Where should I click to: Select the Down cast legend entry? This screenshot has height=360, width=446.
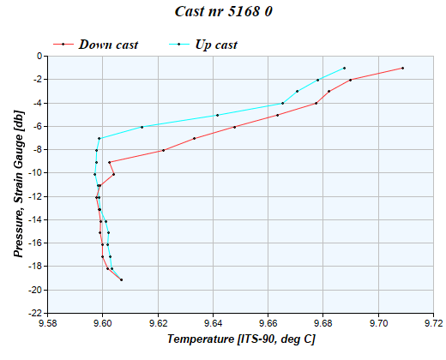108,44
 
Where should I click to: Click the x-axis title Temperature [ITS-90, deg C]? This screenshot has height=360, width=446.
241,340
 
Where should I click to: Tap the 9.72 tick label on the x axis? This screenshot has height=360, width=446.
434,324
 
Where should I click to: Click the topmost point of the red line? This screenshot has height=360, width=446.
402,68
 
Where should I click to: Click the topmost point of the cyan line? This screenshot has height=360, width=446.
344,68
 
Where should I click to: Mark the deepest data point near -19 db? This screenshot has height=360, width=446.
122,279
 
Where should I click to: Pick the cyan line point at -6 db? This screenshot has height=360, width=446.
142,127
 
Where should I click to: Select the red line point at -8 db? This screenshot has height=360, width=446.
163,150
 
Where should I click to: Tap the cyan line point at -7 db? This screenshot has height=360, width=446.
99,138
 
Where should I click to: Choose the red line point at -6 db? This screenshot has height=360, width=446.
234,127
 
